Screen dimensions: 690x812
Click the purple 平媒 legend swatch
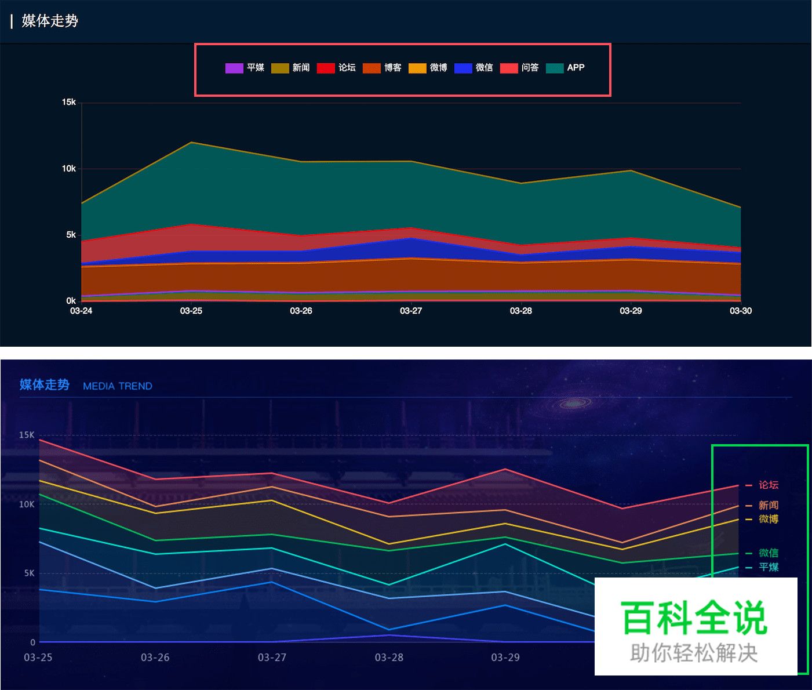(x=234, y=68)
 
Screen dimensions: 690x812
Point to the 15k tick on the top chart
(x=69, y=102)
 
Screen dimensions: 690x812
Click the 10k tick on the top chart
(x=69, y=169)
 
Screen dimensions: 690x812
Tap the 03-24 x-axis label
(x=81, y=311)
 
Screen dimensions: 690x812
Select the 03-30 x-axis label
(x=740, y=311)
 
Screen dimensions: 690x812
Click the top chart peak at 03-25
(x=191, y=142)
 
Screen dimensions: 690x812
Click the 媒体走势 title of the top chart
(x=50, y=21)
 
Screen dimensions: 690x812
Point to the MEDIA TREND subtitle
(x=118, y=386)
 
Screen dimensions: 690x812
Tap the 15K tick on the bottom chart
(x=27, y=435)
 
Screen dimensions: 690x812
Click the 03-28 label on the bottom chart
(x=389, y=658)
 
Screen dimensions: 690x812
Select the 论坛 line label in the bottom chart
(x=769, y=485)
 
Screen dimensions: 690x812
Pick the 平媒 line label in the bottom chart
(x=769, y=567)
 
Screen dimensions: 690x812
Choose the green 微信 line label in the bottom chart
(x=769, y=553)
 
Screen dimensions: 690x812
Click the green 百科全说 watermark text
(x=694, y=618)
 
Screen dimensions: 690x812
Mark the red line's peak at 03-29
(x=505, y=469)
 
